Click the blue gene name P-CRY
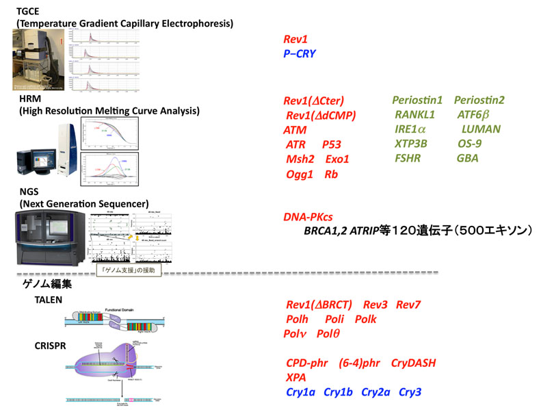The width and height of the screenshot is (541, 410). pyautogui.click(x=300, y=53)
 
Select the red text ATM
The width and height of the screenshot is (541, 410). pyautogui.click(x=295, y=130)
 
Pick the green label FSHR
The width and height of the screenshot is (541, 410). pyautogui.click(x=409, y=158)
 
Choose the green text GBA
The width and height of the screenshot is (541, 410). pyautogui.click(x=468, y=158)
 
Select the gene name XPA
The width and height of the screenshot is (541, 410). pyautogui.click(x=296, y=377)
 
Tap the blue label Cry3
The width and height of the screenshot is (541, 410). pyautogui.click(x=410, y=392)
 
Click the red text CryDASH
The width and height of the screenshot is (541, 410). pyautogui.click(x=413, y=362)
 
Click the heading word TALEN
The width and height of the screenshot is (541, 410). pyautogui.click(x=49, y=300)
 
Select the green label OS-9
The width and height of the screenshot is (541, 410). pyautogui.click(x=469, y=144)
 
